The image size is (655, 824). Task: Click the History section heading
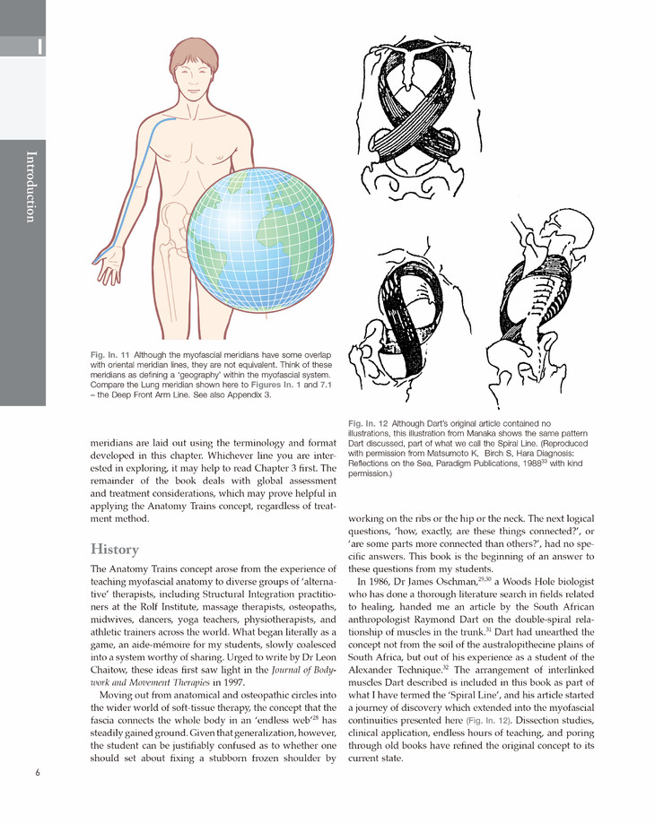pos(115,549)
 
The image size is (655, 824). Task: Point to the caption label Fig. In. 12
pos(367,422)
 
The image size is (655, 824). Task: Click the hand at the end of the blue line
pos(109,265)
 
